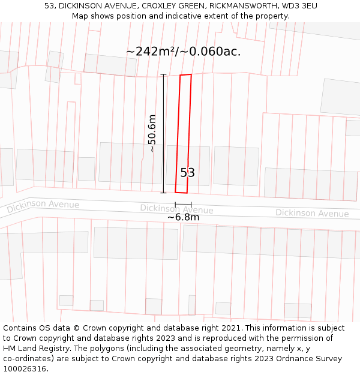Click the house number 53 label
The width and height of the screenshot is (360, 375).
[187, 173]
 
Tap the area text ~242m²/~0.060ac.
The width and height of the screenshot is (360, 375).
[183, 52]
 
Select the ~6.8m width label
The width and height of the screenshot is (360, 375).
[183, 217]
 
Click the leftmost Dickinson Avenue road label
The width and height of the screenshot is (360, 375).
[43, 206]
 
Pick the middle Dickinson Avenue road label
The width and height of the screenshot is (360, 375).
[176, 209]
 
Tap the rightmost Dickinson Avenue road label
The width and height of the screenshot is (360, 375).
[312, 213]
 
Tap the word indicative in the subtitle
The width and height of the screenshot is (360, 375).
[166, 16]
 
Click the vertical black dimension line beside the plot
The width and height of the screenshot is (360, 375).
[164, 133]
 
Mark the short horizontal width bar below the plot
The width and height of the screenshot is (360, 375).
[183, 205]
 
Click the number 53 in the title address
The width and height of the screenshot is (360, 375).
[50, 6]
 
